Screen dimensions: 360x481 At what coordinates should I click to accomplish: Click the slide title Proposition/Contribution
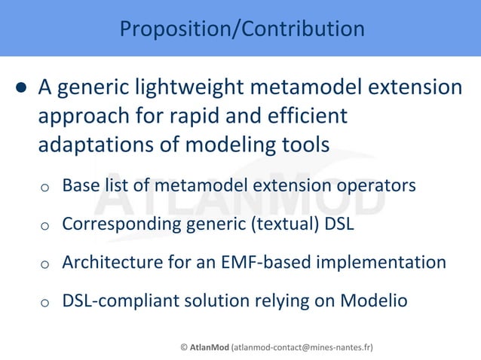tap(241, 29)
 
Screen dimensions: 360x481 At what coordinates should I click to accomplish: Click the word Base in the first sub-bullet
tap(79, 185)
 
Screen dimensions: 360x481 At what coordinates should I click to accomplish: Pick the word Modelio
tap(374, 301)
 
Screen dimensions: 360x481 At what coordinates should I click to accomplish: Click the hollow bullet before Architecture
tap(45, 264)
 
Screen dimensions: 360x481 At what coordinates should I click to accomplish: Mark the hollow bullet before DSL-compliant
tap(45, 303)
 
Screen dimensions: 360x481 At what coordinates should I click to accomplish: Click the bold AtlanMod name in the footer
tap(210, 347)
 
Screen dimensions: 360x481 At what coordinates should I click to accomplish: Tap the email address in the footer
tap(302, 347)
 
